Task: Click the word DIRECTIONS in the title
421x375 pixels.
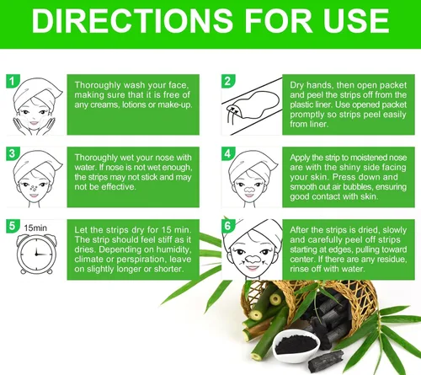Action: click(x=132, y=20)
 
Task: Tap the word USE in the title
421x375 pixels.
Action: click(x=356, y=20)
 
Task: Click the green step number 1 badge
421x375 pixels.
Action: click(x=13, y=81)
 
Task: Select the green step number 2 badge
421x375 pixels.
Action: click(x=228, y=81)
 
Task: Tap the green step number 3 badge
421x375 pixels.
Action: click(x=13, y=153)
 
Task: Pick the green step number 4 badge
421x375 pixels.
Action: click(x=228, y=153)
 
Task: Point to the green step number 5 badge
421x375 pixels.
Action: click(x=13, y=226)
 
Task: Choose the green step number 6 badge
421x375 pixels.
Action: click(x=228, y=226)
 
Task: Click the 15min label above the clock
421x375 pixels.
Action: click(x=35, y=228)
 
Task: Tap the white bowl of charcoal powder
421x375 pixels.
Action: click(x=296, y=345)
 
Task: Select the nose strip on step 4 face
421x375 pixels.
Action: click(x=249, y=189)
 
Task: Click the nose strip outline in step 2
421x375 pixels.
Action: click(x=253, y=104)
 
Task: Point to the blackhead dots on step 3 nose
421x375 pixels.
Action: click(x=34, y=188)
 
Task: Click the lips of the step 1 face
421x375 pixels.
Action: click(x=35, y=123)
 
